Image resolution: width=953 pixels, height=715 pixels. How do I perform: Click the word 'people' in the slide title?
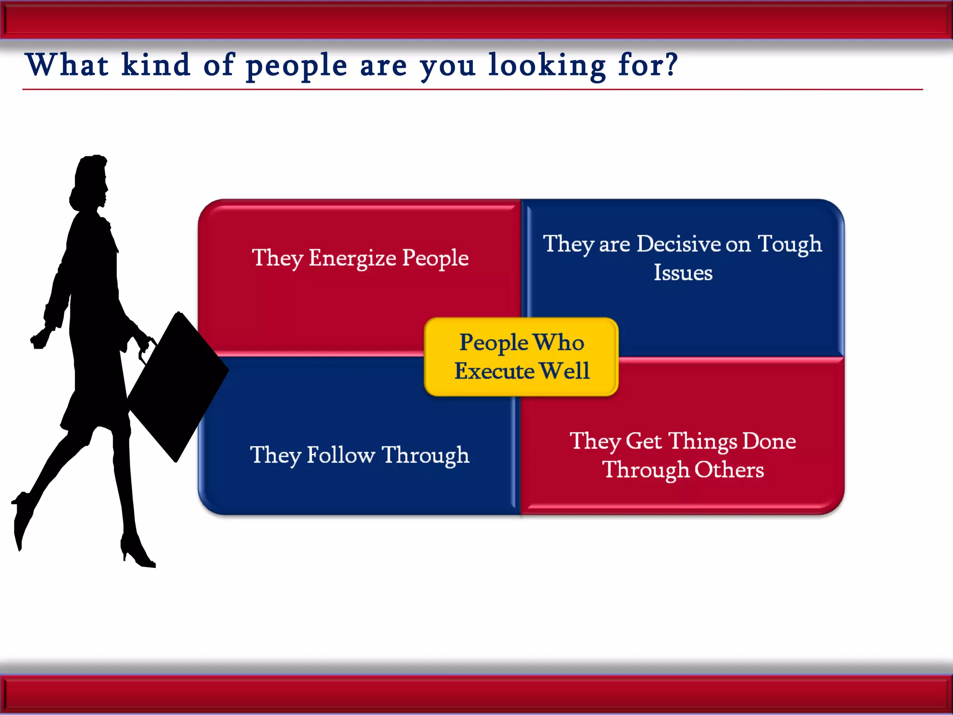pos(296,66)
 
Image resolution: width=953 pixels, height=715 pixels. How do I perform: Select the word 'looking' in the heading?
pos(546,66)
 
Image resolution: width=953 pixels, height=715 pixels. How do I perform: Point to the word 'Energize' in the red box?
pos(352,258)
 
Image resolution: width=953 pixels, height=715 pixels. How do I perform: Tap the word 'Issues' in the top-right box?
pos(683,273)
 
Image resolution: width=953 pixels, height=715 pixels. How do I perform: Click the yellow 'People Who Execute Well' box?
pos(521,357)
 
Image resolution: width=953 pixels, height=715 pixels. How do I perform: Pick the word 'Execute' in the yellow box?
pos(494,371)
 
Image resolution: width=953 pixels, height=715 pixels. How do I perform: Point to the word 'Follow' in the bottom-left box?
pos(341,455)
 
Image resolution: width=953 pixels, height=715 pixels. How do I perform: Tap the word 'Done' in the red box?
pos(769,441)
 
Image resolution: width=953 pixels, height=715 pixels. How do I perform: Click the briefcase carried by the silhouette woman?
pos(179,386)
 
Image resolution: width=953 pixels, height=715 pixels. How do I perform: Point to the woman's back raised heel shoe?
pos(21,517)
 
